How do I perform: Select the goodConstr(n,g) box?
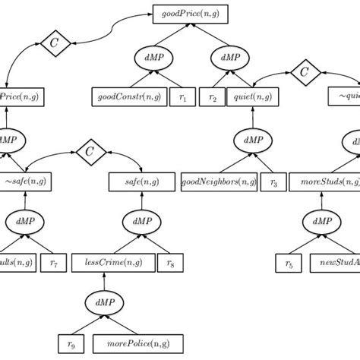125,96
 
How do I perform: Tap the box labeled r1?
182,96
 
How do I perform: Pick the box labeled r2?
213,96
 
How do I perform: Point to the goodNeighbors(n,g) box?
219,182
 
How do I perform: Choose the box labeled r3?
273,182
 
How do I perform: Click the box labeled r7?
54,264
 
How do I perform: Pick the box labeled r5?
289,264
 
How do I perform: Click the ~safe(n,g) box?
27,182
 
